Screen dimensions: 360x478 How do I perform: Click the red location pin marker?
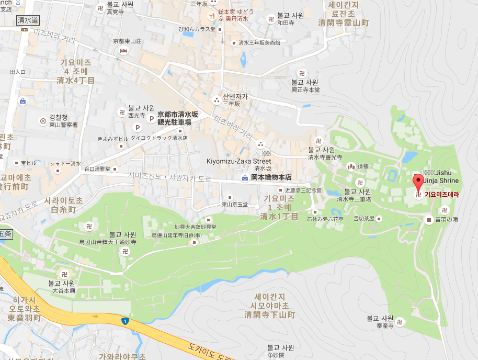tap(418, 183)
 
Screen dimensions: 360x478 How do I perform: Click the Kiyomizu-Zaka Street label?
tap(238, 161)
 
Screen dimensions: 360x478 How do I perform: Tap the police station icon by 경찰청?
tap(43, 121)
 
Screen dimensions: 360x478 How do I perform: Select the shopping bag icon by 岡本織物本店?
tap(244, 178)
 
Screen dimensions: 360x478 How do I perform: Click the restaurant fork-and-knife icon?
tap(212, 16)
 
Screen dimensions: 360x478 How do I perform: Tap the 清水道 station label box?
tap(28, 20)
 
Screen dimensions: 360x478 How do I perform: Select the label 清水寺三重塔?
tap(354, 199)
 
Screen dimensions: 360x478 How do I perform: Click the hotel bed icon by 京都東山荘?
tap(123, 50)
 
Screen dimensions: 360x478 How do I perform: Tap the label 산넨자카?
tap(235, 97)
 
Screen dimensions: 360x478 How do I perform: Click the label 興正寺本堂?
tap(305, 89)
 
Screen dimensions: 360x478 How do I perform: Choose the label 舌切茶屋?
tap(364, 219)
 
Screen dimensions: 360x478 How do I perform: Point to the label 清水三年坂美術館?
tap(259, 43)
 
